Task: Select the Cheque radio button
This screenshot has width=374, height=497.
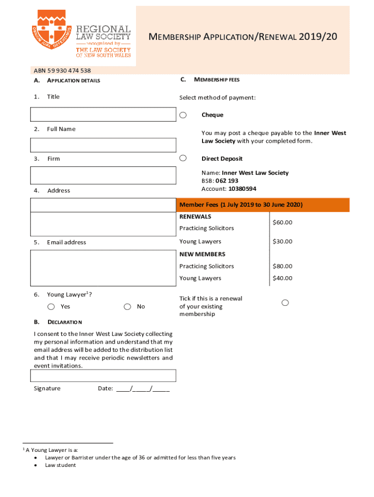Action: [183, 115]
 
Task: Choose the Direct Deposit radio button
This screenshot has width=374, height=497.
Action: [183, 158]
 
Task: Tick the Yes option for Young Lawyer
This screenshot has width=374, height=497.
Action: [51, 306]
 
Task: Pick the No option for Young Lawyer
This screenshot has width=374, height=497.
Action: [127, 306]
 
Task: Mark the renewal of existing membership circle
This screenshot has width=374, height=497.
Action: [285, 303]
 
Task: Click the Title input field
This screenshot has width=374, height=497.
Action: [103, 114]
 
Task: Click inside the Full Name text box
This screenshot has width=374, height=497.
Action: [103, 145]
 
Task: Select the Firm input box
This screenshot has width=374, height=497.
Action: [103, 175]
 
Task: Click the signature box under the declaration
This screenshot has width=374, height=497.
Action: [103, 376]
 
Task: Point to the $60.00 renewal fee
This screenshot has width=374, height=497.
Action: [282, 222]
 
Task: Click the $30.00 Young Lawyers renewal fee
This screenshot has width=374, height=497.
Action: [282, 241]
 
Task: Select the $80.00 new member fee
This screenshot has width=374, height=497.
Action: [282, 266]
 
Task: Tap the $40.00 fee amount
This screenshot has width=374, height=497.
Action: [282, 278]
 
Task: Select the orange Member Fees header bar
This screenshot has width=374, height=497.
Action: [264, 205]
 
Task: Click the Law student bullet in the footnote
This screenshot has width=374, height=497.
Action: [60, 465]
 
